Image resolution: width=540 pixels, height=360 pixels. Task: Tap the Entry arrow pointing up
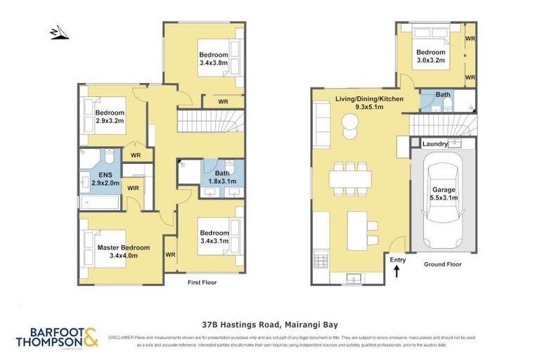click(398, 270)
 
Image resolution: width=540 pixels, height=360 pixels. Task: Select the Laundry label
click(435, 143)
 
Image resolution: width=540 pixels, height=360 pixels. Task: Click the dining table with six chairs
click(349, 179)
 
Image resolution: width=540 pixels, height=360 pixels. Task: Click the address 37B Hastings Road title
click(270, 325)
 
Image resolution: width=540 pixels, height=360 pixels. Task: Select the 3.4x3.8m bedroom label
click(213, 59)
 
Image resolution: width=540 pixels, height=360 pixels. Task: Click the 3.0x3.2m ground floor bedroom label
click(430, 56)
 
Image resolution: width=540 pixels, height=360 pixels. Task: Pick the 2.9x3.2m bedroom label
click(110, 117)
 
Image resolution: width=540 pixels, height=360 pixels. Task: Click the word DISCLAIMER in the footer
click(124, 338)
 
